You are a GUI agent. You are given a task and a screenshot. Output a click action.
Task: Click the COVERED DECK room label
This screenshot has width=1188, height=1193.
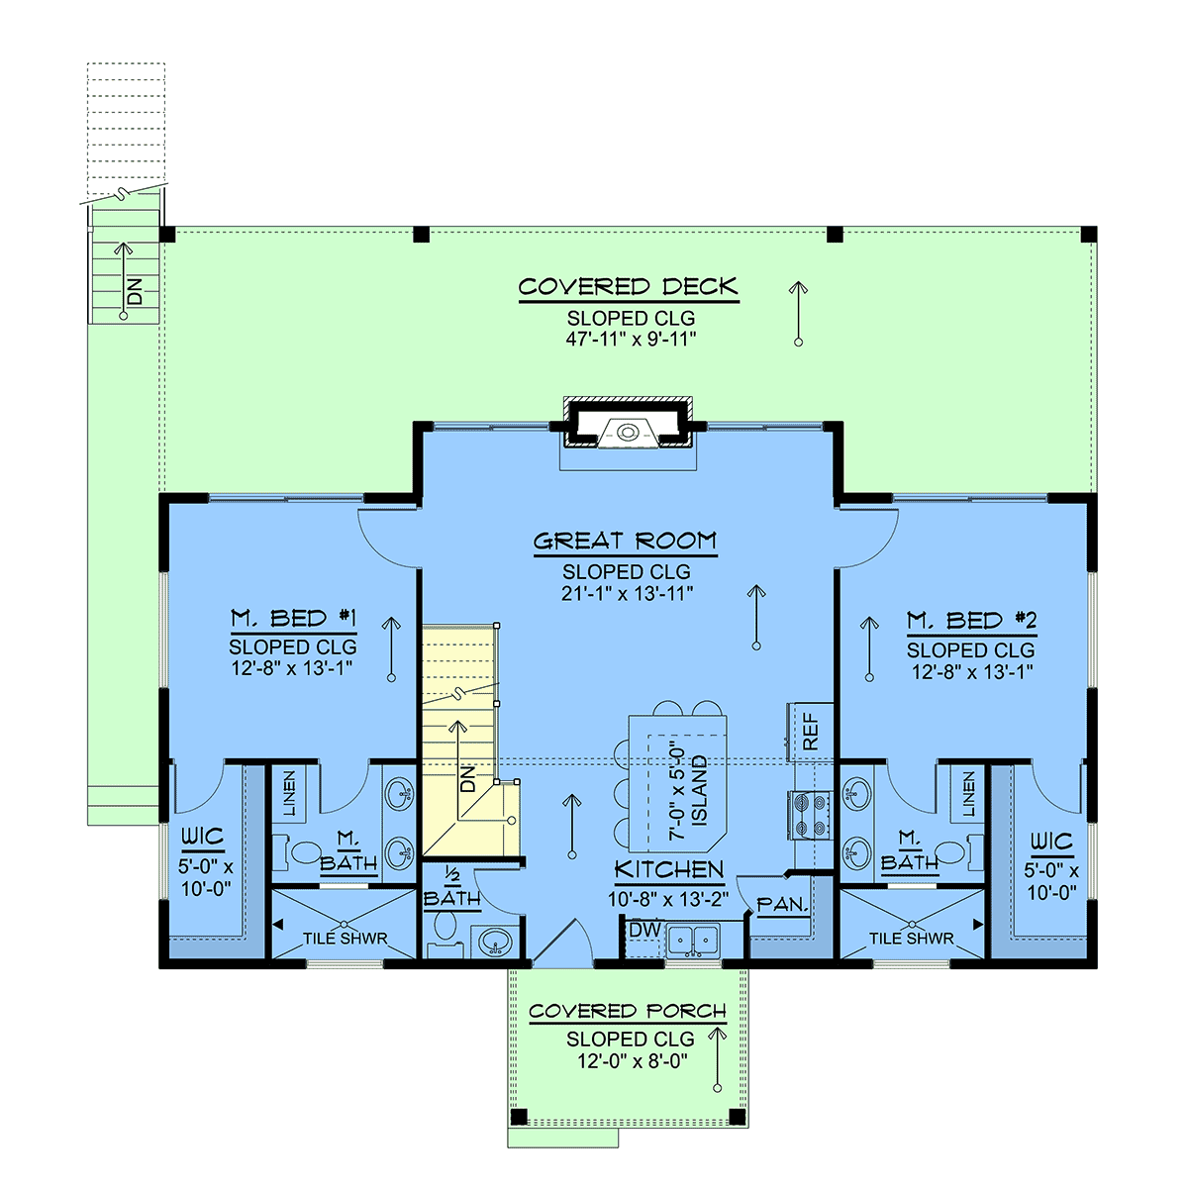pos(629,287)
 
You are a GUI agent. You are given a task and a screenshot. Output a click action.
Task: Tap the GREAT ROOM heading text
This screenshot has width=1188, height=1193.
pos(626,542)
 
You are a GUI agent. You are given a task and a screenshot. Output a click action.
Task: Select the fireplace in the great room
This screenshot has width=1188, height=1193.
pos(628,424)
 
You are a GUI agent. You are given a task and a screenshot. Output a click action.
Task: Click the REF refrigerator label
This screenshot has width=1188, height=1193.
pos(810,732)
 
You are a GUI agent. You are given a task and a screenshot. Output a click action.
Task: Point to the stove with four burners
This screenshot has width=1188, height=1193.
pos(810,815)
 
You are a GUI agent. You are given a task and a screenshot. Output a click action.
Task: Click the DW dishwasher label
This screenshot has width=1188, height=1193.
pos(645,930)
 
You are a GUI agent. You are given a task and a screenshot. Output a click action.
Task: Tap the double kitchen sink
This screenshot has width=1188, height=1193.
pos(693,941)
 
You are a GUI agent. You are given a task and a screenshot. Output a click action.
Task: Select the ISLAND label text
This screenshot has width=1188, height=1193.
pos(698,790)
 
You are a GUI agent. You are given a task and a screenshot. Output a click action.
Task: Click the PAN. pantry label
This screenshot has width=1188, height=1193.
pos(782,905)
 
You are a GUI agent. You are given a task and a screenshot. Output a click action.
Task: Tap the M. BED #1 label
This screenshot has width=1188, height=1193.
pos(293,619)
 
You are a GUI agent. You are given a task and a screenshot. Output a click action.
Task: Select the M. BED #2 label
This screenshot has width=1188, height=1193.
pos(971,621)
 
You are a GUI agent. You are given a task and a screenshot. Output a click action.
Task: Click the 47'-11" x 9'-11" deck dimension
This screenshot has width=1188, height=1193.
pos(631,340)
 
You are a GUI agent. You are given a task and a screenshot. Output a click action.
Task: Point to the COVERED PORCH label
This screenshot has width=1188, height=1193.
pos(627,1011)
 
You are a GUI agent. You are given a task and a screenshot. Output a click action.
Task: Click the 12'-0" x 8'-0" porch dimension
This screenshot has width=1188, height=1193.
pos(633,1061)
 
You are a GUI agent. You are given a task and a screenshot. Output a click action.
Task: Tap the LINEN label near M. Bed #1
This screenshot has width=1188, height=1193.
pos(288,793)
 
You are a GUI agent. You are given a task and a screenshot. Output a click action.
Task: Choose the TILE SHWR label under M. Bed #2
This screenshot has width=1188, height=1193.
pos(911,939)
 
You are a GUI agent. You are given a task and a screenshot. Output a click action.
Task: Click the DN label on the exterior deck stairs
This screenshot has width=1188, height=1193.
pos(135,291)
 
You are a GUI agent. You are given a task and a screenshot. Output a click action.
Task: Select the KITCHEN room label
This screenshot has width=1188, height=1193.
pos(669,870)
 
